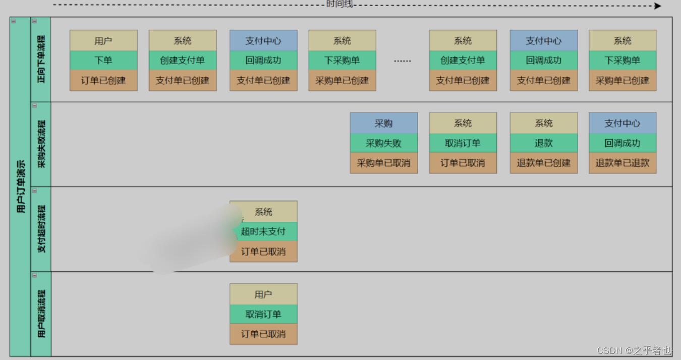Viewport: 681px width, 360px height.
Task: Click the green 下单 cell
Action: [103, 61]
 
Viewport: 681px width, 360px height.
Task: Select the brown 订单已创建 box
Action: [103, 80]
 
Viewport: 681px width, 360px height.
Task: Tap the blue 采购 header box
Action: [384, 123]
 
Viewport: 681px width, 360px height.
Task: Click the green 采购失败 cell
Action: [384, 143]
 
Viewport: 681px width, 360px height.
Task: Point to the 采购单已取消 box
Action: [384, 163]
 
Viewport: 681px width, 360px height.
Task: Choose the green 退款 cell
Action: [544, 143]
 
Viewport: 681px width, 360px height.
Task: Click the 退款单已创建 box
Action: [544, 163]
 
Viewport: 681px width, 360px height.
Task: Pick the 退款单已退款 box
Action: [622, 163]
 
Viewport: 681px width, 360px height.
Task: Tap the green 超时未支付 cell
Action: [264, 231]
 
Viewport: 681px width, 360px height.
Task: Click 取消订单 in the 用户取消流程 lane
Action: [263, 314]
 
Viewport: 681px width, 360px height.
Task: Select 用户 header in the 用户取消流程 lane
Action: [263, 294]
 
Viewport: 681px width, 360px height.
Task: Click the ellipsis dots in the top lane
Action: [403, 61]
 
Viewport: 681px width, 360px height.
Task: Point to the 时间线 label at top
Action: [339, 4]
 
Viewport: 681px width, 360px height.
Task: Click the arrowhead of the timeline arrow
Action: [658, 6]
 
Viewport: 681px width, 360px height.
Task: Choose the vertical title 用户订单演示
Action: [21, 187]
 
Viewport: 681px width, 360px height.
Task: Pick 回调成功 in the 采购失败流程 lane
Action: [622, 143]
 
